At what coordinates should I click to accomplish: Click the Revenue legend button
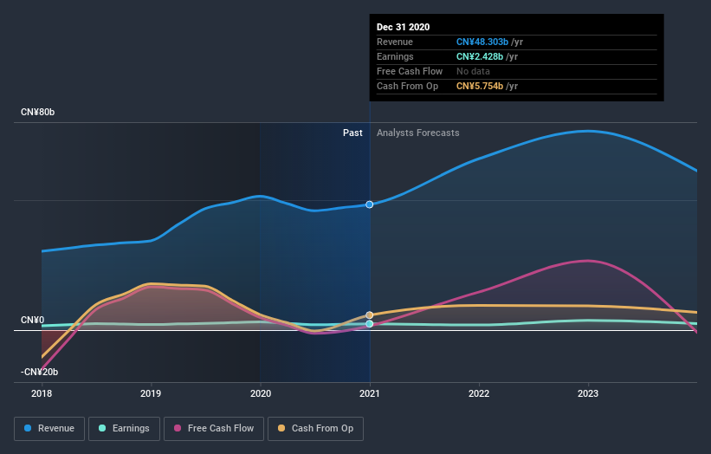pyautogui.click(x=50, y=428)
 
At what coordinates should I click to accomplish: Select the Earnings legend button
pyautogui.click(x=125, y=428)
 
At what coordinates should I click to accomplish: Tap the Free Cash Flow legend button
pyautogui.click(x=214, y=428)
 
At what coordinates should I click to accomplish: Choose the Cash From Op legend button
pyautogui.click(x=316, y=428)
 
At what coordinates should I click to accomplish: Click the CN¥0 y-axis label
pyautogui.click(x=32, y=320)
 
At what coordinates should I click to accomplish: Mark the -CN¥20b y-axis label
pyautogui.click(x=39, y=372)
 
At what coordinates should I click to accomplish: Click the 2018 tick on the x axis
pyautogui.click(x=42, y=393)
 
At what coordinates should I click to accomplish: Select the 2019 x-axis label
pyautogui.click(x=151, y=393)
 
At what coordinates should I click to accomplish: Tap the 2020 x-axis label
pyautogui.click(x=260, y=393)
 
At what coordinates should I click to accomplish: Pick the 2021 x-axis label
pyautogui.click(x=370, y=393)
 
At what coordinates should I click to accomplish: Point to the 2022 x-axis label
pyautogui.click(x=479, y=393)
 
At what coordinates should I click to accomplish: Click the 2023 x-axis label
pyautogui.click(x=588, y=393)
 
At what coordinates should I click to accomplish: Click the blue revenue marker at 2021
pyautogui.click(x=370, y=204)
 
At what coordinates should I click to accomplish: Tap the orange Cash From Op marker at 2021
pyautogui.click(x=370, y=315)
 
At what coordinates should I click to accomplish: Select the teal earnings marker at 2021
pyautogui.click(x=370, y=324)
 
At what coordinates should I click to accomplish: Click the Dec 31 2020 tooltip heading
pyautogui.click(x=403, y=28)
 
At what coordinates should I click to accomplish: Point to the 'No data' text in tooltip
pyautogui.click(x=474, y=71)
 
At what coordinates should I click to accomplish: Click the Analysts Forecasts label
pyautogui.click(x=417, y=133)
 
